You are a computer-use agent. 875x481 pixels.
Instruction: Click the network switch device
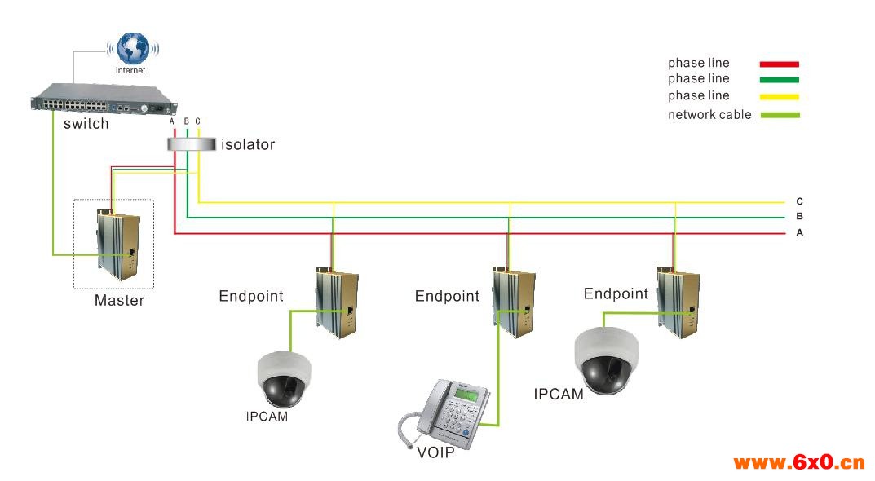(x=104, y=100)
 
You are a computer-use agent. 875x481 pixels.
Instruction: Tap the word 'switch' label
(x=86, y=124)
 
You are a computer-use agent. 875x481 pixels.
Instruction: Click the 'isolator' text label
(x=248, y=145)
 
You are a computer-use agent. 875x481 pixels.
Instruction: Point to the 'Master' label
(x=119, y=300)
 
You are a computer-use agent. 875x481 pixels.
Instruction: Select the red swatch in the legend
(x=779, y=64)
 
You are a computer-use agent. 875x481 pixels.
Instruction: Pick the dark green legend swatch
(x=779, y=80)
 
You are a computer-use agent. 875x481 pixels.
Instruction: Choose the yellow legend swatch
(x=779, y=96)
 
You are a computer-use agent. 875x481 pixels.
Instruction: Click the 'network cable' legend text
(x=709, y=115)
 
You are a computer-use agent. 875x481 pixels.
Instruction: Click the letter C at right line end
(x=799, y=201)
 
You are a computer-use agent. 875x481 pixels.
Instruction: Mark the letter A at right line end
(x=799, y=233)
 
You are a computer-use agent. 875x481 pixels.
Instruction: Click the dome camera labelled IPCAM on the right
(x=607, y=360)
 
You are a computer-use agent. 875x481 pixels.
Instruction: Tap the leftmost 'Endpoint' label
(x=251, y=296)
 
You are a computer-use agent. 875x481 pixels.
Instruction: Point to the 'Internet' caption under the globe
(x=130, y=71)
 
